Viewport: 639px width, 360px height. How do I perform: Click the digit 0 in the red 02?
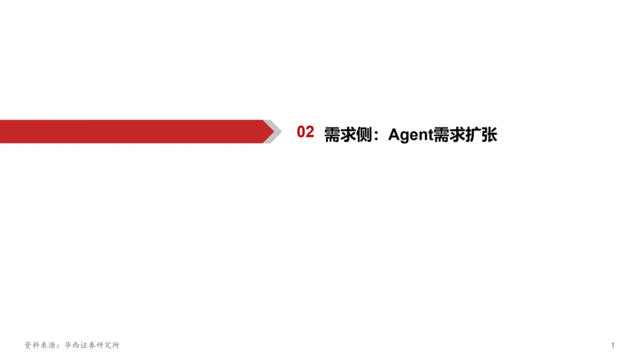[301, 132]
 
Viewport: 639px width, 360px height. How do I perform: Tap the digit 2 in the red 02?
[309, 132]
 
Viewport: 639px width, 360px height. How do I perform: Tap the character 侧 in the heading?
[363, 135]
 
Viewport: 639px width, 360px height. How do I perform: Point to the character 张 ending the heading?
[489, 135]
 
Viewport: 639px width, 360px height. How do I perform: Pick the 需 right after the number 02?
[332, 135]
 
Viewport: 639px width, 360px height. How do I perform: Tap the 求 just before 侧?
[348, 135]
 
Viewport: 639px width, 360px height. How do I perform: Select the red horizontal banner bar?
[130, 131]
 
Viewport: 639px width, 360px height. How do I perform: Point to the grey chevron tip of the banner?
[271, 131]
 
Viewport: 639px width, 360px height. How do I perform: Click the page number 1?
[613, 345]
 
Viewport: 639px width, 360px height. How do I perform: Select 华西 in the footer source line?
[73, 345]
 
